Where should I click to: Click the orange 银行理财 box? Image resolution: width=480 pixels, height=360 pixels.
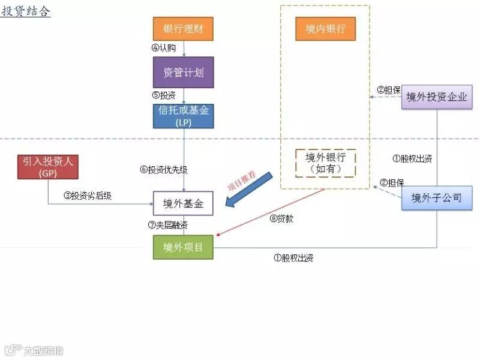click(x=184, y=29)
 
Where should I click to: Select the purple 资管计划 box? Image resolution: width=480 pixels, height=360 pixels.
click(x=184, y=73)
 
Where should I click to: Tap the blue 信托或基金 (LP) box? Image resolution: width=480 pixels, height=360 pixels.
click(x=184, y=116)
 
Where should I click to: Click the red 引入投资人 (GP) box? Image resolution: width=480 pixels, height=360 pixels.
click(x=48, y=166)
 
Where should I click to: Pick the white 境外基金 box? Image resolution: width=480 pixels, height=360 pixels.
click(x=184, y=204)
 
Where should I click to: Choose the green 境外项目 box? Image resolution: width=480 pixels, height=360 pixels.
click(x=184, y=247)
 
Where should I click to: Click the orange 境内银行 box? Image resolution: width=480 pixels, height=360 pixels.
click(x=325, y=29)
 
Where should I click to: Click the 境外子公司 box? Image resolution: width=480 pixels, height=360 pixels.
click(x=436, y=198)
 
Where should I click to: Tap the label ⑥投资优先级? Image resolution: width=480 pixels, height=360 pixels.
click(x=164, y=170)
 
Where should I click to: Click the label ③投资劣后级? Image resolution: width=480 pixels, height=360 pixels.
click(x=88, y=196)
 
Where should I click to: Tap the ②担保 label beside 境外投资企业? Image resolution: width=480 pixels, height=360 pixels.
click(x=389, y=90)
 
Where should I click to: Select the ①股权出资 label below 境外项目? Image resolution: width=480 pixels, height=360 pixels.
click(x=293, y=259)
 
